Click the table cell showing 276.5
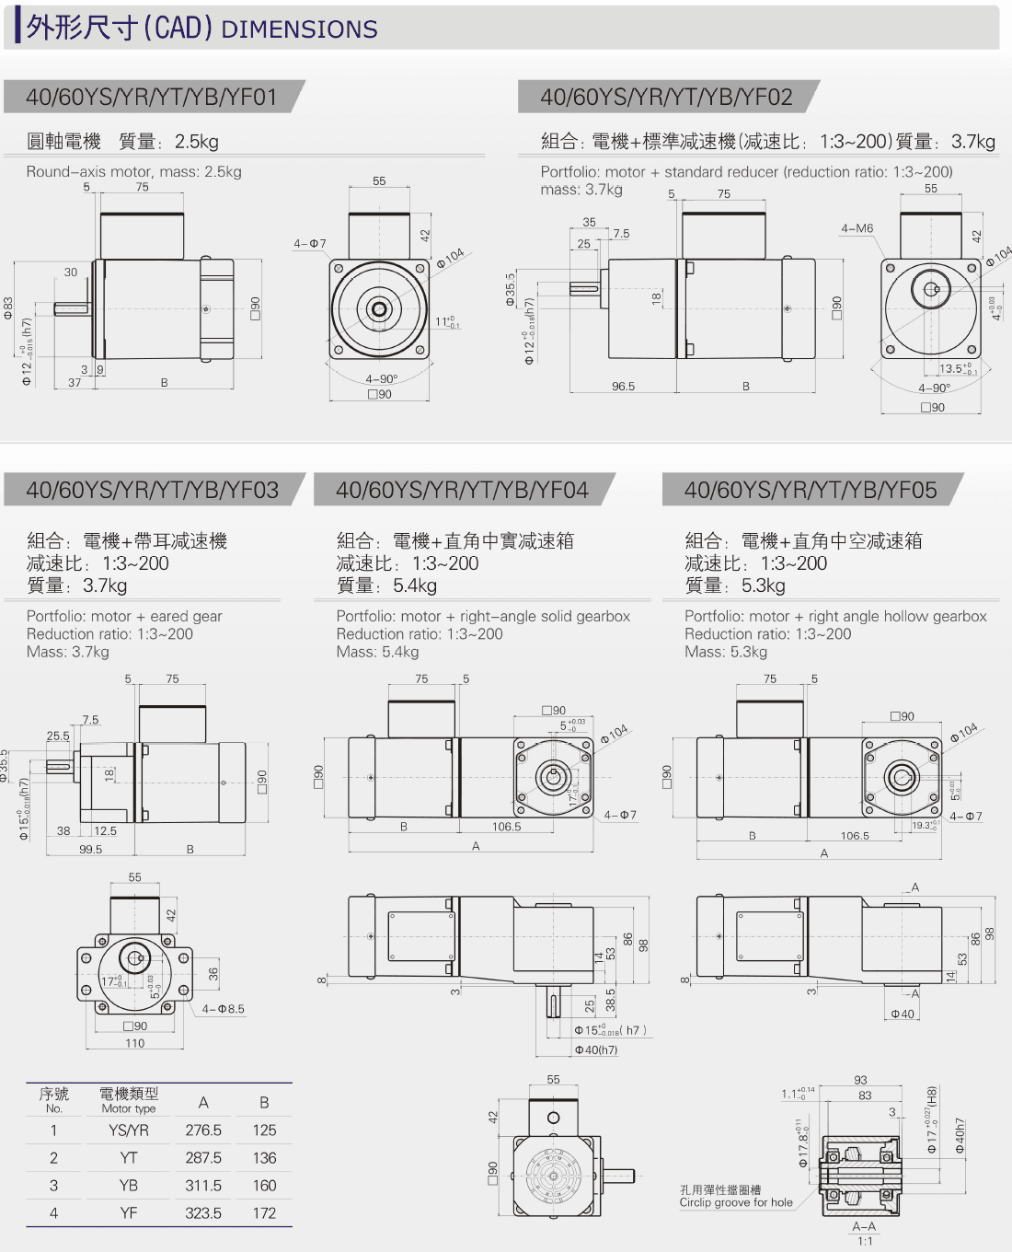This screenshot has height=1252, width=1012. click(x=203, y=1130)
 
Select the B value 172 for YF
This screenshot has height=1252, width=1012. click(x=264, y=1213)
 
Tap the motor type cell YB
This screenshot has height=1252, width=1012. click(x=129, y=1186)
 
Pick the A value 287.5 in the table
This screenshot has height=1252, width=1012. click(x=203, y=1158)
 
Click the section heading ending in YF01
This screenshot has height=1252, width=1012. click(x=152, y=98)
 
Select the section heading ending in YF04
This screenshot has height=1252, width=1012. click(x=462, y=490)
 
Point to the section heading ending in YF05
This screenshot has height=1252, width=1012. click(x=811, y=490)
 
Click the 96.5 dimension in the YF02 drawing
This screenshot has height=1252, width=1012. click(x=623, y=387)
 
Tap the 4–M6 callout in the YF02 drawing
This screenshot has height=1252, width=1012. click(x=857, y=228)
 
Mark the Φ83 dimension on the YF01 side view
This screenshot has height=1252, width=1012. click(x=8, y=307)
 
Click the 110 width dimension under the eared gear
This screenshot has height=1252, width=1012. click(x=135, y=1043)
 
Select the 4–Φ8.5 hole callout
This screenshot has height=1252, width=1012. click(x=224, y=1009)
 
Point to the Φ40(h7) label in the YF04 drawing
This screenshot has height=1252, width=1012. click(x=596, y=1049)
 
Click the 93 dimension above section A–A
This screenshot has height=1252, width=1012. click(x=860, y=1080)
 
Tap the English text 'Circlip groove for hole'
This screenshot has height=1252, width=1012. click(x=736, y=1202)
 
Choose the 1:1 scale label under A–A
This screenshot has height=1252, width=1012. click(x=865, y=1241)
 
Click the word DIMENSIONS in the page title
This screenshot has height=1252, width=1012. click(x=300, y=29)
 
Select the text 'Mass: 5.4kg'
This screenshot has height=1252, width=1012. click(x=377, y=652)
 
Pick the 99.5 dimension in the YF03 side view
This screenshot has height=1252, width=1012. click(x=90, y=850)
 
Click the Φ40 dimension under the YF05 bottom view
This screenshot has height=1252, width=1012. click(x=903, y=1014)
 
